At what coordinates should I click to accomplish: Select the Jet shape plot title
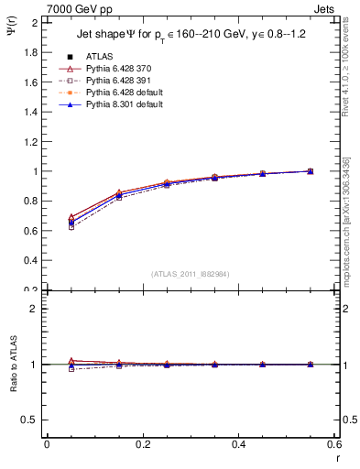pyautogui.click(x=187, y=36)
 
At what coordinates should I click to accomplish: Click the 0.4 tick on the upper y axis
pyautogui.click(x=31, y=261)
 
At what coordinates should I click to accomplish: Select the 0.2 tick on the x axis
pyautogui.click(x=142, y=444)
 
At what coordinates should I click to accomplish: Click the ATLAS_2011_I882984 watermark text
pyautogui.click(x=190, y=274)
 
